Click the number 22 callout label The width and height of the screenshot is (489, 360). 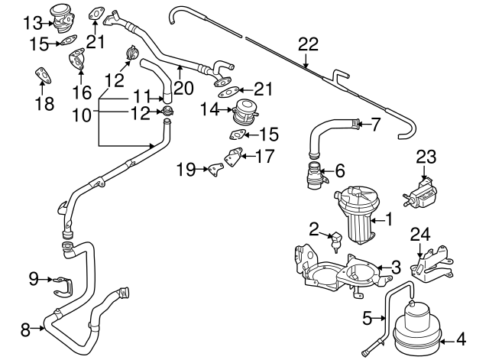click(x=307, y=44)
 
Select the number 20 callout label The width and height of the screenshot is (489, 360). click(x=180, y=88)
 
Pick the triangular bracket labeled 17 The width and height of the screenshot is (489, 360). click(x=233, y=161)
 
